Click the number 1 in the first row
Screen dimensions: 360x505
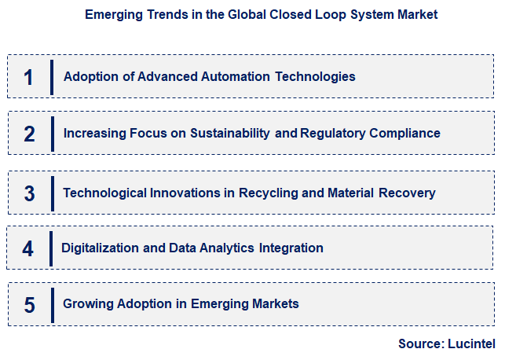pyautogui.click(x=28, y=77)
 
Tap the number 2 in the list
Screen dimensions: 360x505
pyautogui.click(x=29, y=134)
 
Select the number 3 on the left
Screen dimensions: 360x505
pyautogui.click(x=29, y=193)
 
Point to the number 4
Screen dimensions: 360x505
pyautogui.click(x=28, y=248)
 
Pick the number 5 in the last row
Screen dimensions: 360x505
pyautogui.click(x=29, y=304)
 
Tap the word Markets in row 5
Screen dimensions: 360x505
pyautogui.click(x=275, y=303)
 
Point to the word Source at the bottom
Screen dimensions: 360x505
pyautogui.click(x=419, y=343)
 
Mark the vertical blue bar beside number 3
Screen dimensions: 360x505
pyautogui.click(x=52, y=193)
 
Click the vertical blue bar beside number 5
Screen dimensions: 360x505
pyautogui.click(x=52, y=304)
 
